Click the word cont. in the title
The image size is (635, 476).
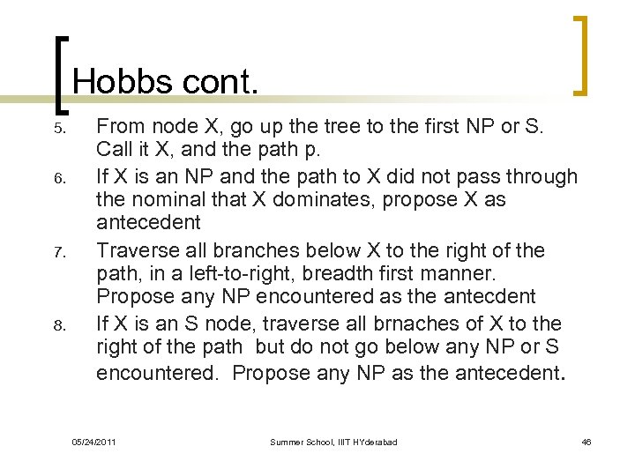tap(220, 82)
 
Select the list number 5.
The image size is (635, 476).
tap(58, 129)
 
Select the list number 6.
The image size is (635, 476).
tap(58, 178)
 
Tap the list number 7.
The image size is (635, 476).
tap(58, 252)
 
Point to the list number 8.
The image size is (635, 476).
tap(58, 325)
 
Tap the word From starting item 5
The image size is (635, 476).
tap(119, 126)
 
